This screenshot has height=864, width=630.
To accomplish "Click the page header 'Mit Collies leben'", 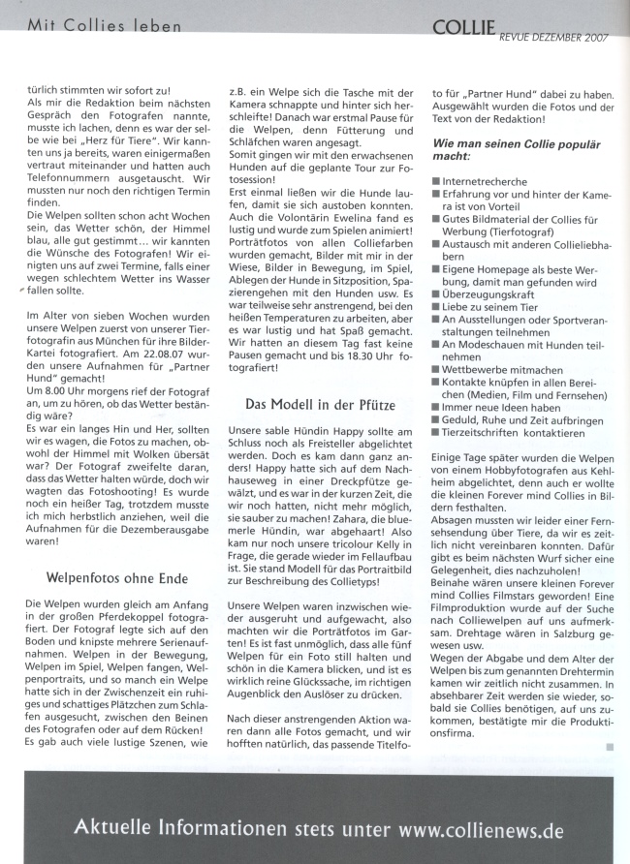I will pyautogui.click(x=105, y=25).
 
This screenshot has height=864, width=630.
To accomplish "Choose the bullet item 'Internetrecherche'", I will pyautogui.click(x=486, y=181).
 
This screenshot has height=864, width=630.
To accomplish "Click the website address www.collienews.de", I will pyautogui.click(x=480, y=830).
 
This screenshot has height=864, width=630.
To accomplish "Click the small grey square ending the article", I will pyautogui.click(x=609, y=746).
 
